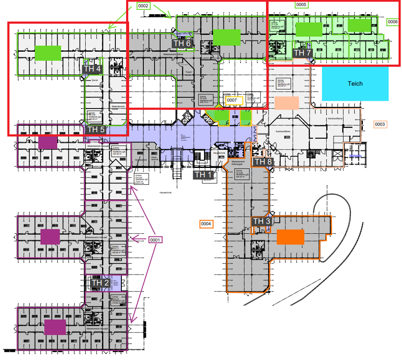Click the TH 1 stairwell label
pos(203,175)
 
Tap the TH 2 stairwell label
pos(100,283)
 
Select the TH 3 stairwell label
pos(262,221)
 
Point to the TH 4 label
pos(93,68)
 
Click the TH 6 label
pos(182,43)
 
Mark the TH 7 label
pos(302,53)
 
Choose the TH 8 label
pos(263,162)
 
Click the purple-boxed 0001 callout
pos(155,240)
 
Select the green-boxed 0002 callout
pos(143,6)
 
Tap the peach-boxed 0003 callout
pos(380,124)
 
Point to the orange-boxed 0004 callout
pos(206,223)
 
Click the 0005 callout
pos(301,5)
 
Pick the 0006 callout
pos(393,21)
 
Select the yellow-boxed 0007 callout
pos(232,100)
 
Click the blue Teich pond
pos(355,84)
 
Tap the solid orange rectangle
pos(291,237)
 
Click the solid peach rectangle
pos(286,103)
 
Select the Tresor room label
pos(188,72)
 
